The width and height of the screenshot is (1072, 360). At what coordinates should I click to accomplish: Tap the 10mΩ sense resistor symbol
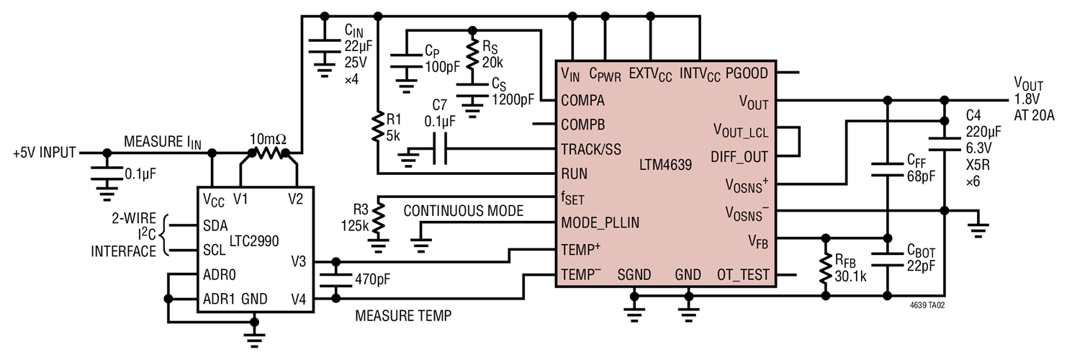[x=268, y=153]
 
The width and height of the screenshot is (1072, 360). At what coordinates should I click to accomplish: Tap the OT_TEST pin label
[x=743, y=274]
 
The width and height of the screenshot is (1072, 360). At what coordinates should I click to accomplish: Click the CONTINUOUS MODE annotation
[x=463, y=212]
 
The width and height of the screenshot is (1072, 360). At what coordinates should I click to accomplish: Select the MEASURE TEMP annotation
[x=403, y=315]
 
